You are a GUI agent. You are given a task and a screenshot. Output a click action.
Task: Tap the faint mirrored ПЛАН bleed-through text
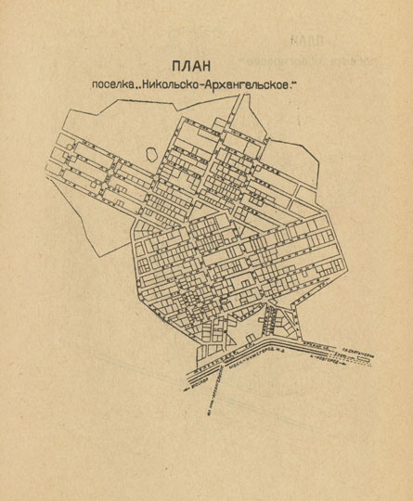[306, 41]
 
